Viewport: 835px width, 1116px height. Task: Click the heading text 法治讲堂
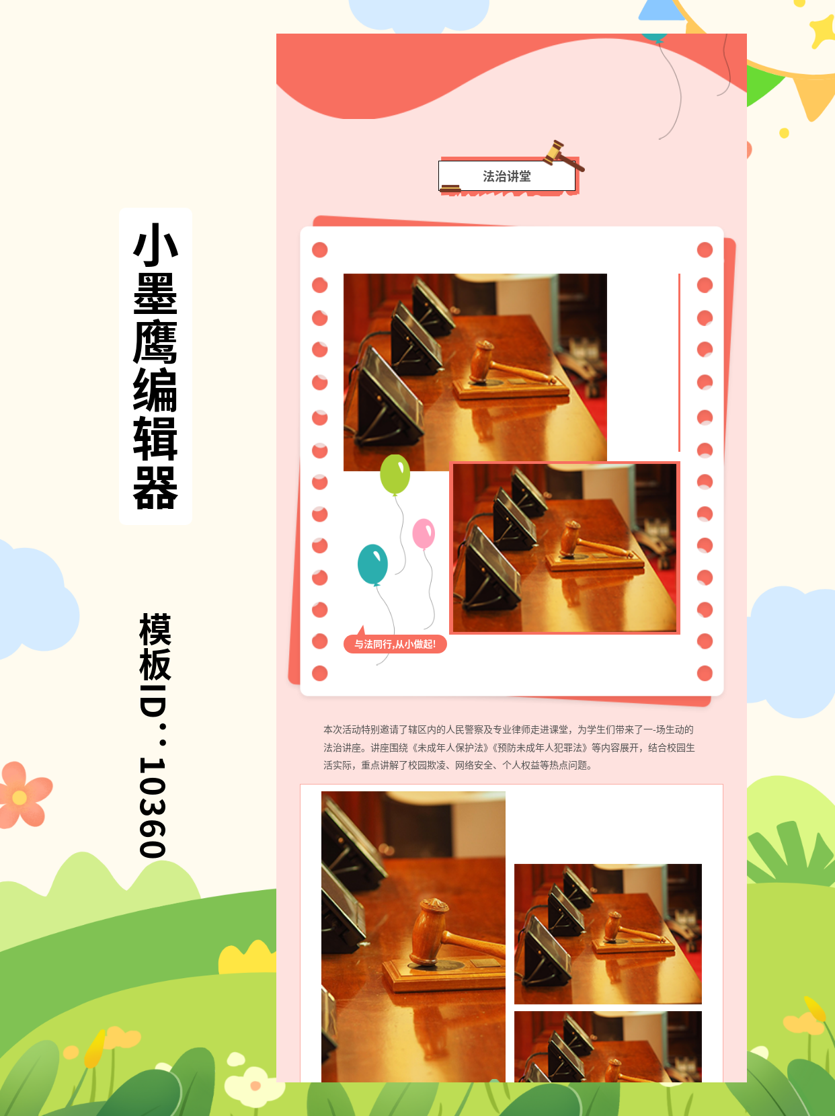coord(507,176)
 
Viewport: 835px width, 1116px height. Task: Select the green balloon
coord(395,474)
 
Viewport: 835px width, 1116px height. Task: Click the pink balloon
coord(424,533)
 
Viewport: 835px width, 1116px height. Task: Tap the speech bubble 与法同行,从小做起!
coord(395,643)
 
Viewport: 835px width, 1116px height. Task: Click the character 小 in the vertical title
coord(155,245)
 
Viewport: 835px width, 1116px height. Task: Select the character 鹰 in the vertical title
coord(155,342)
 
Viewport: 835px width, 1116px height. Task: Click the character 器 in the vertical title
coord(155,488)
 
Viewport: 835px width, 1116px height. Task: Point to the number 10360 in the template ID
coord(153,807)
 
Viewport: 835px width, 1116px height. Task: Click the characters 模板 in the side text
coord(155,647)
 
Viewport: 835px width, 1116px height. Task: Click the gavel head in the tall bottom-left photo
coord(430,931)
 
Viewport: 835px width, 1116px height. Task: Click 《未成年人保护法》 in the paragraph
coord(446,748)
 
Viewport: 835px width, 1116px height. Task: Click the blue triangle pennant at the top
coord(661,10)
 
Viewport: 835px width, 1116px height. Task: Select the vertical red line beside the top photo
coord(679,362)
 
